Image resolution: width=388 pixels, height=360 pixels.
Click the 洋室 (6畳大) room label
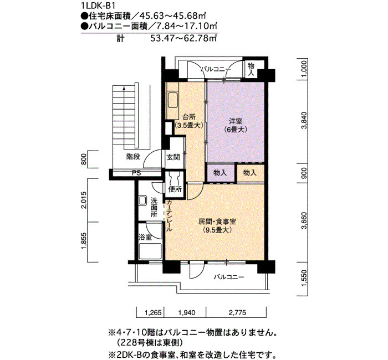[x=236, y=125]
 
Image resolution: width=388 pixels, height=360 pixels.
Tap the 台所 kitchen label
[x=189, y=117]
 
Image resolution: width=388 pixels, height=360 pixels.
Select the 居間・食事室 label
[x=217, y=222]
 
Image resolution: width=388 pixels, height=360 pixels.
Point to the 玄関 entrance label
[x=173, y=157]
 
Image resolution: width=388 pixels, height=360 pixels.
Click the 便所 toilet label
[x=175, y=189]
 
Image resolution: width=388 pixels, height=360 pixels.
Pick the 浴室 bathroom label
[x=145, y=238]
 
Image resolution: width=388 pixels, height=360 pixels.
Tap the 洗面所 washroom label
[x=154, y=207]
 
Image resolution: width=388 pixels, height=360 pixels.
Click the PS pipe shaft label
[x=136, y=173]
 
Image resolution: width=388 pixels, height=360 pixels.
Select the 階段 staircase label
[x=133, y=157]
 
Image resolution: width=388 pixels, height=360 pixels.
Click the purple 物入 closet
[x=220, y=173]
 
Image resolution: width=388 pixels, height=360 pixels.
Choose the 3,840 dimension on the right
[x=304, y=121]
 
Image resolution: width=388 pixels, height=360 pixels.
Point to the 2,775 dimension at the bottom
[x=237, y=312]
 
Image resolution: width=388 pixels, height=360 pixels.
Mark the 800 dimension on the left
[x=84, y=160]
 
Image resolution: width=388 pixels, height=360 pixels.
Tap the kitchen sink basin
[x=173, y=100]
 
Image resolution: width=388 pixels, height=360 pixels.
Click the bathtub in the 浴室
[x=150, y=251]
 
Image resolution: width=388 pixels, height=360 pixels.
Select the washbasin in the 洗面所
[x=142, y=200]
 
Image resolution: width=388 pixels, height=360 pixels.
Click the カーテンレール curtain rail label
[x=169, y=215]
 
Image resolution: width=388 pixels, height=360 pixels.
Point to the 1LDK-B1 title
[x=98, y=6]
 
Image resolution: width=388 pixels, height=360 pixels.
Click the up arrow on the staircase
[x=124, y=117]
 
